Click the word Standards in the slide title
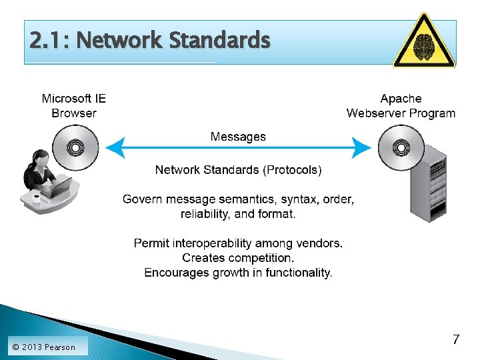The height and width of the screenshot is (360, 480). coord(219,41)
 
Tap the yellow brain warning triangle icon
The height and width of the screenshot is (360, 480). coord(424,41)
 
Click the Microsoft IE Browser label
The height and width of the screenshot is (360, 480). coord(74,106)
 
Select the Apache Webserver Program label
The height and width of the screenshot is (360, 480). coord(401,106)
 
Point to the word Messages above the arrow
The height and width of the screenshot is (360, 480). coord(238,137)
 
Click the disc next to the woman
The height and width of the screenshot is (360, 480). coord(75,147)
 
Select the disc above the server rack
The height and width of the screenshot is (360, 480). coord(400,147)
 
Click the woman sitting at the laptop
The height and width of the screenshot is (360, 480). coord(43,177)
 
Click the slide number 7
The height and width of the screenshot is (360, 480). coord(456,339)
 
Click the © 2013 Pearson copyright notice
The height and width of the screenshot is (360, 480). coord(43,347)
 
